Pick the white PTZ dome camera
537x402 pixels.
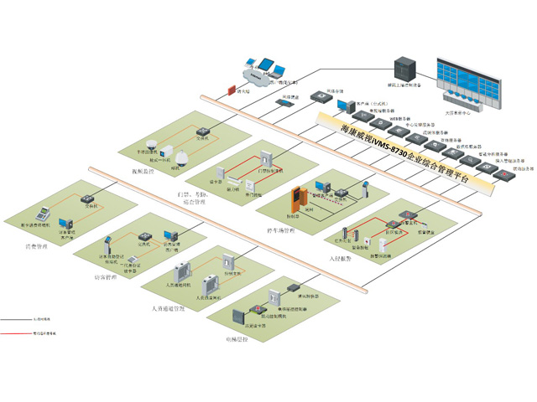[x=177, y=157]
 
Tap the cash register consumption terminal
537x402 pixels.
[x=39, y=214]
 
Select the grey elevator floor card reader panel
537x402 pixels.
[x=237, y=316]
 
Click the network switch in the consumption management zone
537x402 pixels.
[x=86, y=199]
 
